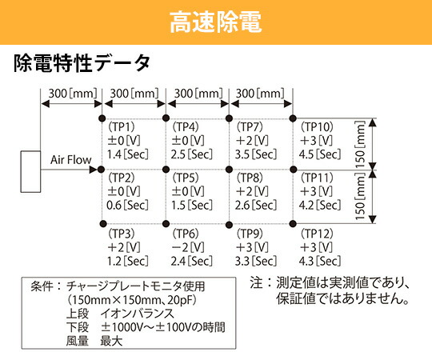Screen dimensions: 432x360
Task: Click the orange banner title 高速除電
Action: click(215, 22)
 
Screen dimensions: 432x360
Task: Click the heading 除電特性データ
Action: click(82, 63)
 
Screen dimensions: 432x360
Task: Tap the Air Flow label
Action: click(71, 160)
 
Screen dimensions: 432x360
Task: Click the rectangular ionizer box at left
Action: click(30, 171)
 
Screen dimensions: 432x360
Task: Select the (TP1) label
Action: click(122, 127)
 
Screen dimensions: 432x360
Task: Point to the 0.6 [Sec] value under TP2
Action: click(127, 206)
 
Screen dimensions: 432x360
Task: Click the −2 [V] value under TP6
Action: click(188, 247)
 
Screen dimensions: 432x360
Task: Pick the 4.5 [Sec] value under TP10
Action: click(320, 154)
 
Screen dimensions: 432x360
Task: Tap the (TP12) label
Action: click(317, 234)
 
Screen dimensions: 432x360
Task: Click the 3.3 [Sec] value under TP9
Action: click(256, 261)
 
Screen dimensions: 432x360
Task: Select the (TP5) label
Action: click(186, 178)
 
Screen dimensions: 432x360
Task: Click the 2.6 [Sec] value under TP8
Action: click(256, 206)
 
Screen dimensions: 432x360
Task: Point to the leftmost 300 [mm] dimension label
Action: click(73, 94)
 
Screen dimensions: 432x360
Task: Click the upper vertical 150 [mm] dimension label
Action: click(360, 144)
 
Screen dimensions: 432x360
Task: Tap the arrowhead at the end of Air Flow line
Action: click(94, 170)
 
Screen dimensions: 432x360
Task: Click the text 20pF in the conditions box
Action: click(179, 300)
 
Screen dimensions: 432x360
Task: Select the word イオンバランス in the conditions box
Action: click(138, 314)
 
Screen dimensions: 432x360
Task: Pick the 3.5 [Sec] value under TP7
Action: click(256, 154)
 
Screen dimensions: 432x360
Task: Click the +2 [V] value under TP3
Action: click(124, 247)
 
